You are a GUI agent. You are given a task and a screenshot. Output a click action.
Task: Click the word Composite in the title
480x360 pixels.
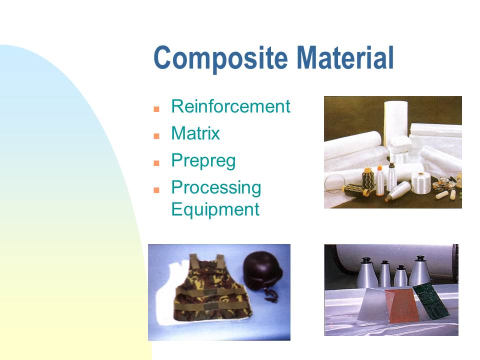tap(220, 58)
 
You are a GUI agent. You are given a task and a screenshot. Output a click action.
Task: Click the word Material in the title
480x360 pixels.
tap(345, 57)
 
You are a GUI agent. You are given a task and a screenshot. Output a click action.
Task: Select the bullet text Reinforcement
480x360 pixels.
tap(230, 106)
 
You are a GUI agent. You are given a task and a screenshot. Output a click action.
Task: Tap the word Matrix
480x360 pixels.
tap(195, 133)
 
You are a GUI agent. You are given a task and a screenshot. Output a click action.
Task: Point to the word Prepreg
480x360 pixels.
tap(203, 160)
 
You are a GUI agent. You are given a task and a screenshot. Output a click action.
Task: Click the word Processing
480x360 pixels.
tap(216, 187)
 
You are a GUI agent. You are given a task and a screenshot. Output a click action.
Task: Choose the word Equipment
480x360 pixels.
tap(215, 209)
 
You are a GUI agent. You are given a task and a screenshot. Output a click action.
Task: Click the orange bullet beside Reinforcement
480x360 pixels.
tap(156, 109)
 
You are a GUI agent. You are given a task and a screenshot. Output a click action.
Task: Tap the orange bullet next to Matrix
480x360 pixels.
tap(156, 136)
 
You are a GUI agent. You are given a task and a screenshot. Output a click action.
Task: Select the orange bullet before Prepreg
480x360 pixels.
tap(156, 163)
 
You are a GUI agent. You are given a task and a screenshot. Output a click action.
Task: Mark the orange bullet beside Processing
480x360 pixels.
tap(156, 190)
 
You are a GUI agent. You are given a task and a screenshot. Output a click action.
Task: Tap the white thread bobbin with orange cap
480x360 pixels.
tap(380, 180)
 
